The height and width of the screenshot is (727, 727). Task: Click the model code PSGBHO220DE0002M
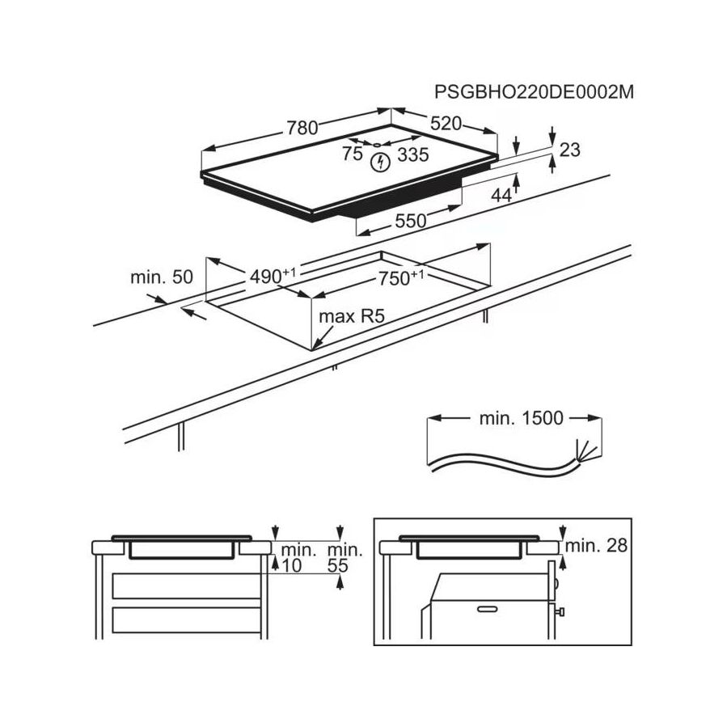[534, 92]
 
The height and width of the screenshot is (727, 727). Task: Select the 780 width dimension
[302, 128]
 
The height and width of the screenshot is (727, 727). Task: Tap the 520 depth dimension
[446, 124]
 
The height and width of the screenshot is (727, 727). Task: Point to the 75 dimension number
[353, 154]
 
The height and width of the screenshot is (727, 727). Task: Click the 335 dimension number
[413, 154]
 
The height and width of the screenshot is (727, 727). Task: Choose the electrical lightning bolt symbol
[381, 163]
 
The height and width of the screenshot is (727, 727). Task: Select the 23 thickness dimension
[570, 150]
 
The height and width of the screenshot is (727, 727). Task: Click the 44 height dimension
[501, 196]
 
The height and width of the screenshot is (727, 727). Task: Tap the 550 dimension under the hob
[411, 221]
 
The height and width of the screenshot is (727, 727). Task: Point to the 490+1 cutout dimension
[273, 276]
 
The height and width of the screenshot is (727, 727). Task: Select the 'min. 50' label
[162, 277]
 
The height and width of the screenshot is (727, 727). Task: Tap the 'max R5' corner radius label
[352, 317]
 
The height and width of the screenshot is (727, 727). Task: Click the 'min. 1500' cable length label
[521, 418]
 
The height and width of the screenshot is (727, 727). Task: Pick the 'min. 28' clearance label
[596, 546]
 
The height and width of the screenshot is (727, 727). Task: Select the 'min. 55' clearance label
[344, 558]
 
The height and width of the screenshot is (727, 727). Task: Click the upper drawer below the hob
[186, 586]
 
